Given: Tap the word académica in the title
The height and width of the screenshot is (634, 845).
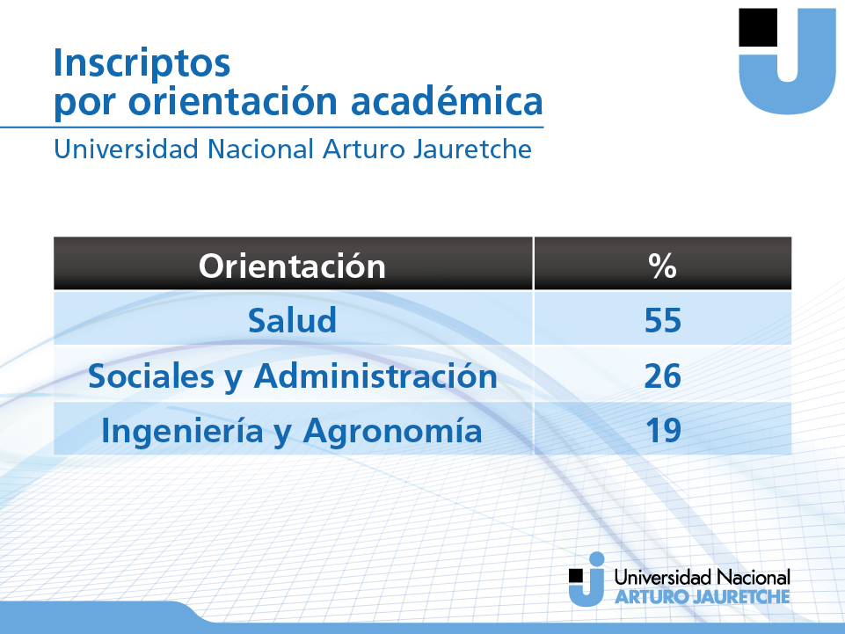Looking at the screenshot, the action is pos(447,100).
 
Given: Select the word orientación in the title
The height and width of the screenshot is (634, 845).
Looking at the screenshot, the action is pos(233,100).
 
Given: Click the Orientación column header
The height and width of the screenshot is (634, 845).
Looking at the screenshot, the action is pos(292,266).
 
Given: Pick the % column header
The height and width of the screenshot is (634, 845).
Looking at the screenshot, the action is pos(662,266).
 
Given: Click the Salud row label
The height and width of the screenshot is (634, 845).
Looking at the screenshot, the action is pos(292,320).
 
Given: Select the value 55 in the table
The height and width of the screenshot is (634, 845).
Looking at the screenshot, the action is pos(663,320).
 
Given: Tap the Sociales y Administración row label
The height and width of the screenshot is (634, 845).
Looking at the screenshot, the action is pos(293,376).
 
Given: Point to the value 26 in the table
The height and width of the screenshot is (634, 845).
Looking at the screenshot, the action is pos(663,375).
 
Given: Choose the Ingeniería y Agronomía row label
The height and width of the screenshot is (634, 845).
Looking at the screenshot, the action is pos(292,432).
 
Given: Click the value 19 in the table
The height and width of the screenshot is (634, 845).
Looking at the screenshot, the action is pos(663,430).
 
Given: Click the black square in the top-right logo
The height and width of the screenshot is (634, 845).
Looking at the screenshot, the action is pos(758,27).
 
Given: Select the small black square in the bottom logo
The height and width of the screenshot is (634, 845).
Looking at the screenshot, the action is pos(576,576).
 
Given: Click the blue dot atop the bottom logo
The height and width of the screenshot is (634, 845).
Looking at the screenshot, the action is pos(596,559).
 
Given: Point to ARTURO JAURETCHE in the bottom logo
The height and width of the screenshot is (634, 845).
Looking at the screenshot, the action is pos(703,597).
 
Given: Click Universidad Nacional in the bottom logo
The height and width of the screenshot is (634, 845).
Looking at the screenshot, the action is pos(703,578).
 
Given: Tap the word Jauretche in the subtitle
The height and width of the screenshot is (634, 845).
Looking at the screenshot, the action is pos(472,149).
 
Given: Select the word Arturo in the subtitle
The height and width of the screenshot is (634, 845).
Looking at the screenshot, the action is pos(363,149).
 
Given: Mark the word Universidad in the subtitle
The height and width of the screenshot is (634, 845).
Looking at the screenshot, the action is pos(126,149).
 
